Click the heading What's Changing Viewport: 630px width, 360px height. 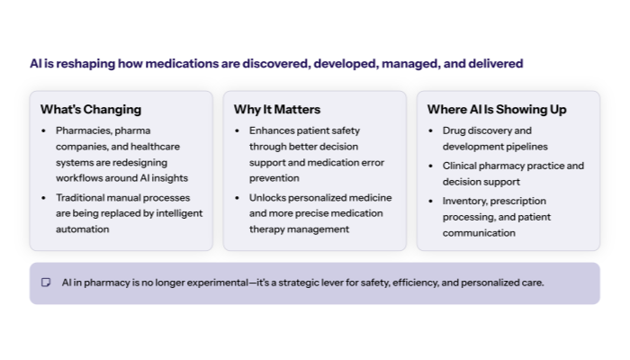pos(90,110)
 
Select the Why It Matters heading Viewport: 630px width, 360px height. pos(276,110)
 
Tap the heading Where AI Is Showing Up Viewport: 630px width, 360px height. pos(496,110)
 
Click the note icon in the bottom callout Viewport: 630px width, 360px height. pos(46,283)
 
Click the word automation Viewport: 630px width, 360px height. pos(83,229)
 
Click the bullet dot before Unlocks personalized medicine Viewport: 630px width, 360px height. pos(239,197)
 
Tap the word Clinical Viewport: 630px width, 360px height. pos(461,166)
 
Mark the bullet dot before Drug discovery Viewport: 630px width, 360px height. pos(433,130)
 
